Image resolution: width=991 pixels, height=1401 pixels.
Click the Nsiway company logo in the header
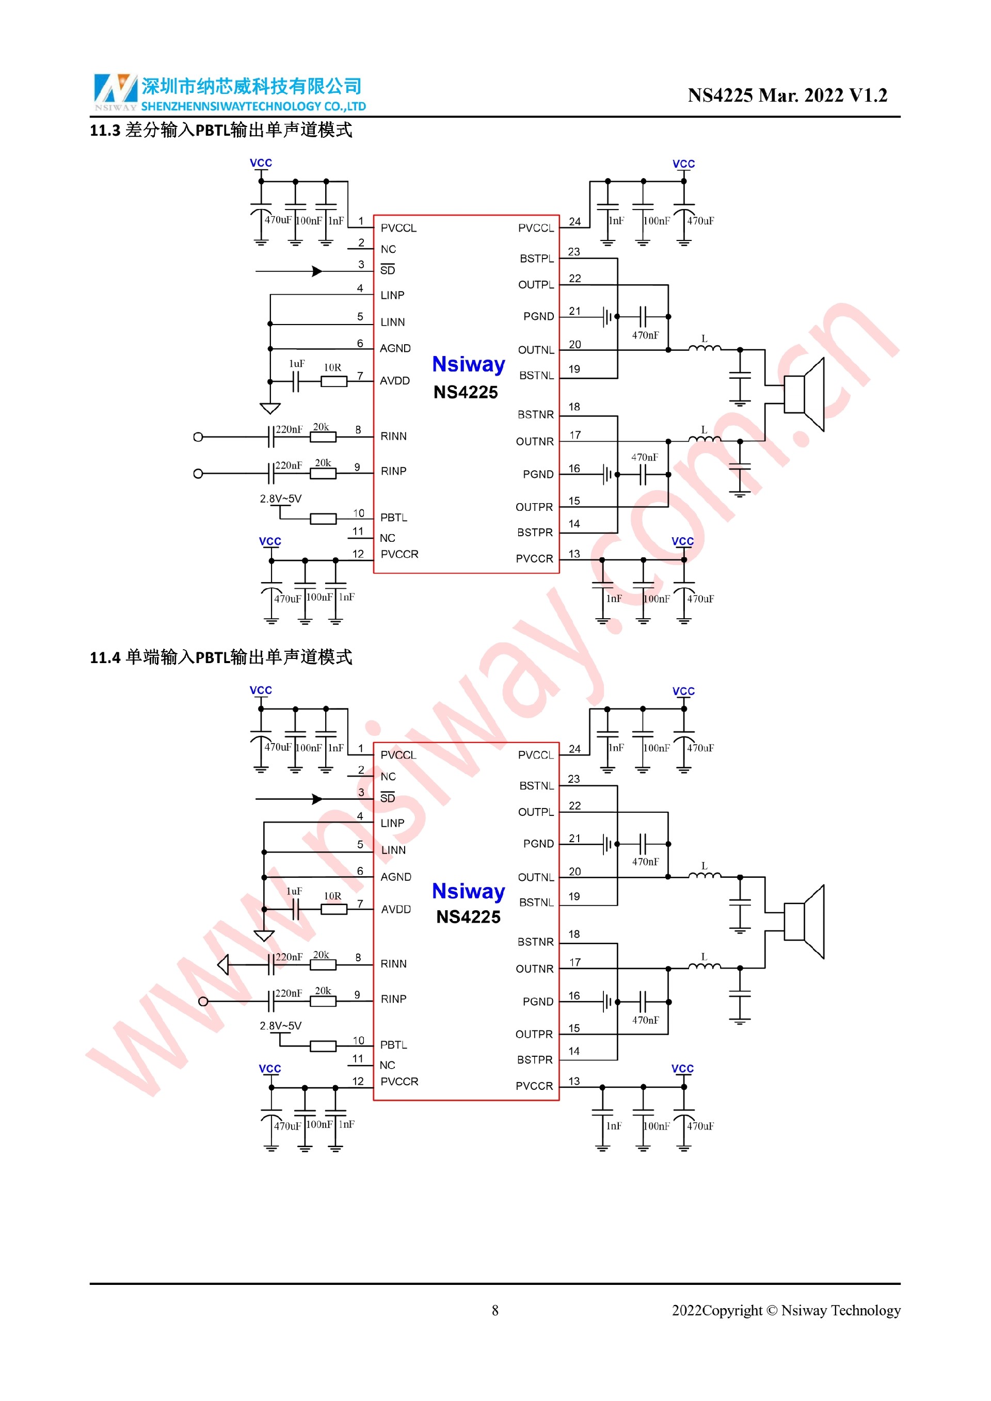pos(115,90)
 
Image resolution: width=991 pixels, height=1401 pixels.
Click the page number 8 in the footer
pos(495,1310)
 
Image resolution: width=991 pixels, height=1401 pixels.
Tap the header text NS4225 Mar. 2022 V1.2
pos(787,95)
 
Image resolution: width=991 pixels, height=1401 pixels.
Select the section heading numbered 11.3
pos(221,130)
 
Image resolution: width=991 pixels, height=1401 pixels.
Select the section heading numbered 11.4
pos(221,657)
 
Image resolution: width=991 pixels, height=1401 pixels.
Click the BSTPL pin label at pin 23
pos(536,259)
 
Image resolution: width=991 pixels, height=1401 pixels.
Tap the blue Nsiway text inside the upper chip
pos(468,364)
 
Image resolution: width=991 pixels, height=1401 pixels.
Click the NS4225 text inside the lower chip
pos(468,917)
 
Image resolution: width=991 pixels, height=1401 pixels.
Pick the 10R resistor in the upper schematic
pos(334,381)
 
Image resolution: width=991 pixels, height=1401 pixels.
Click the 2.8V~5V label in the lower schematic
pos(281,1026)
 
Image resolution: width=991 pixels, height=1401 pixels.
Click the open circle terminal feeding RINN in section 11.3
pos(198,437)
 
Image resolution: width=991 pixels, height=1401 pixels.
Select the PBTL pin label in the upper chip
pos(394,518)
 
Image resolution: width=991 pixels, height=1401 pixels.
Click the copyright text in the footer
pos(786,1310)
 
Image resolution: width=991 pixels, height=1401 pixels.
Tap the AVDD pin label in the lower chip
pos(395,909)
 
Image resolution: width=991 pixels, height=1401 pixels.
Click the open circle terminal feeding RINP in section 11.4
pos(203,1001)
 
